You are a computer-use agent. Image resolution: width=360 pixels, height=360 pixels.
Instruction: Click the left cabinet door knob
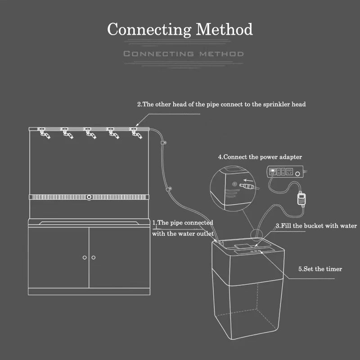(85, 257)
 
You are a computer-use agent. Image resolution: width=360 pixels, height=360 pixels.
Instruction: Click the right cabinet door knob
(93, 257)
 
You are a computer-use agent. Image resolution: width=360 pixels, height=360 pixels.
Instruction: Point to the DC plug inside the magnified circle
(247, 185)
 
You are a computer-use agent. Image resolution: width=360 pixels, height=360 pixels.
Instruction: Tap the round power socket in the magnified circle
(234, 184)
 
